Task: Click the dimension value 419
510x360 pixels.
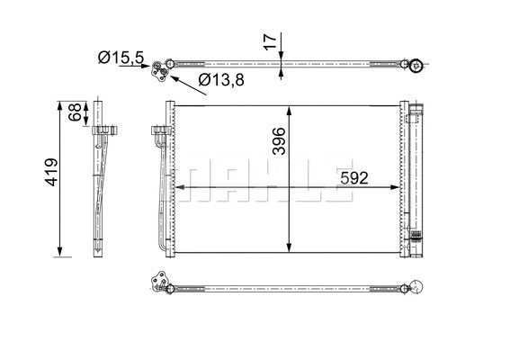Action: (51, 172)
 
